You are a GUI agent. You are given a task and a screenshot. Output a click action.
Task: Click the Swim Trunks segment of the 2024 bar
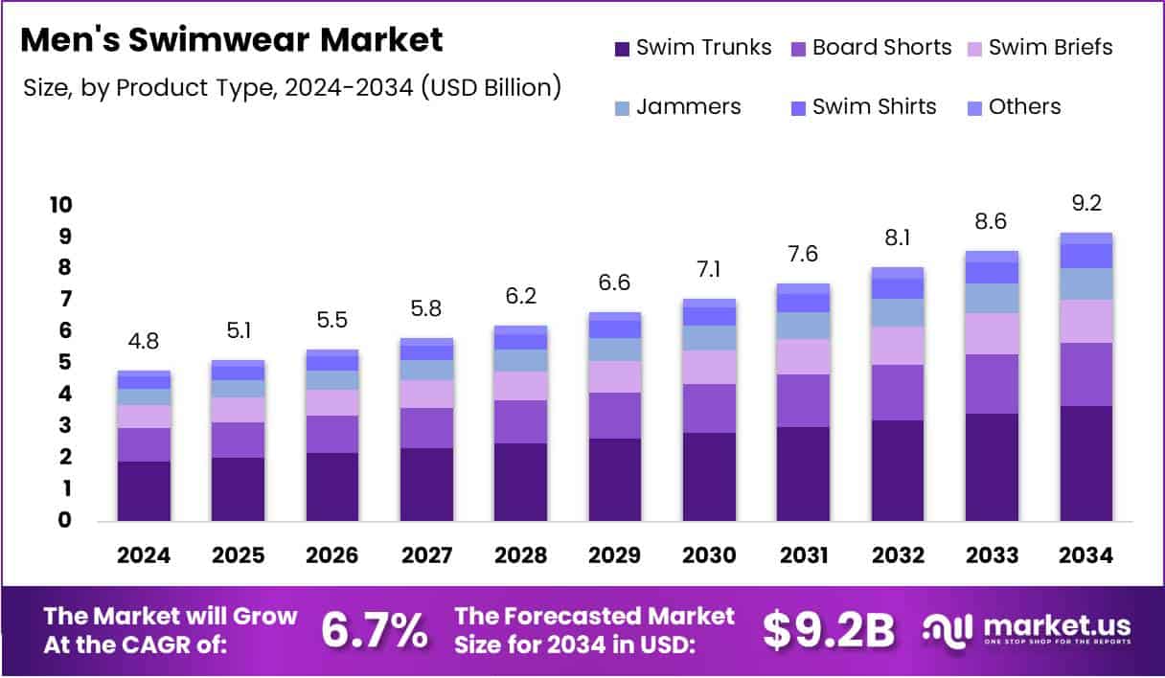tap(144, 491)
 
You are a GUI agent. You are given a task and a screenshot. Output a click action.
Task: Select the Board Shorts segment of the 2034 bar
tap(1086, 374)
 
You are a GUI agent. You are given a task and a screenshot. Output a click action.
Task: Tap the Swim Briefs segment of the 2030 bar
tap(709, 367)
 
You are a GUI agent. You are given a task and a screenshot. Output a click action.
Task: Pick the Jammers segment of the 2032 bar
tap(898, 312)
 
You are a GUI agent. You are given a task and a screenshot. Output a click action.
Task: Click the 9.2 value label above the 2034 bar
tap(1086, 204)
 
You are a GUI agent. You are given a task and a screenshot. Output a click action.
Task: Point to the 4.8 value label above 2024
tap(144, 342)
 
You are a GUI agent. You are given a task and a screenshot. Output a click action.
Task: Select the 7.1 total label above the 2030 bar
tap(709, 270)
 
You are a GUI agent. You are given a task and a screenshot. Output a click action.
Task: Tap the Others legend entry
tap(1023, 106)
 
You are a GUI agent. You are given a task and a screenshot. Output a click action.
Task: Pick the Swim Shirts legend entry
tap(873, 106)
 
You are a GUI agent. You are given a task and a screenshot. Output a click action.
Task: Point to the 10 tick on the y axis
tap(60, 205)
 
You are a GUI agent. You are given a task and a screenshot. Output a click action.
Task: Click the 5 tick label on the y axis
tap(66, 362)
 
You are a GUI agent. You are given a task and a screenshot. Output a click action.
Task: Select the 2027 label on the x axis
tap(426, 556)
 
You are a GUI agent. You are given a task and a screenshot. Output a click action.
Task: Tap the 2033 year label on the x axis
tap(992, 556)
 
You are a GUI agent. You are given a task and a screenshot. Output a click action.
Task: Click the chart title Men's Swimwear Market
tap(232, 40)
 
